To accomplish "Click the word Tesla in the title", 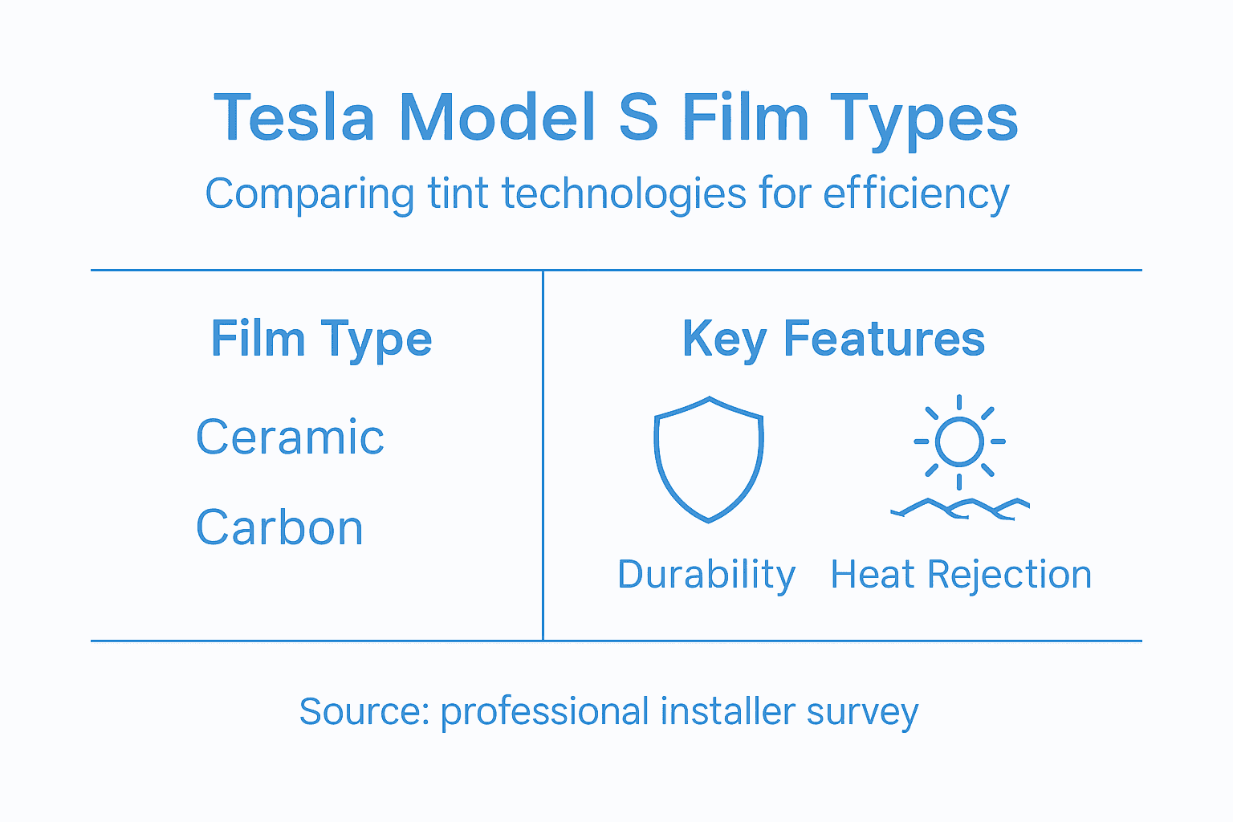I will pyautogui.click(x=294, y=118).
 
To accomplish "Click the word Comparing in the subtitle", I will pyautogui.click(x=309, y=195).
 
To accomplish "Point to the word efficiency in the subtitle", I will pyautogui.click(x=916, y=195).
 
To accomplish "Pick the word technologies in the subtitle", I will pyautogui.click(x=623, y=195).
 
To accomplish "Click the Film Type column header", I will pyautogui.click(x=321, y=340).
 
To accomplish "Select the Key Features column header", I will pyautogui.click(x=833, y=340).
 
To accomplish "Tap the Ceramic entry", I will pyautogui.click(x=290, y=437).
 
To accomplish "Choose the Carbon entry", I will pyautogui.click(x=279, y=528).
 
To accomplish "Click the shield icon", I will pyautogui.click(x=709, y=458).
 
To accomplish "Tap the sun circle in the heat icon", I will pyautogui.click(x=959, y=442).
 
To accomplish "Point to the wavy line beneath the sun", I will pyautogui.click(x=960, y=508).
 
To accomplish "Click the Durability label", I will pyautogui.click(x=706, y=576).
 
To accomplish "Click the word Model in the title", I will pyautogui.click(x=498, y=118).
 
